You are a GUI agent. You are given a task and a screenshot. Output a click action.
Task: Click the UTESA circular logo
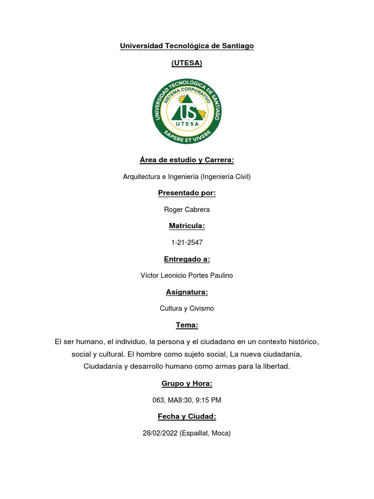point(187,112)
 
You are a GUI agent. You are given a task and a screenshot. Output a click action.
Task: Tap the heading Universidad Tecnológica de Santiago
point(187,46)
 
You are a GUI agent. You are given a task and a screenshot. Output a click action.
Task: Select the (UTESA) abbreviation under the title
point(187,63)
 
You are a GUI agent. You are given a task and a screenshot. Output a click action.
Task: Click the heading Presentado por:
point(187,193)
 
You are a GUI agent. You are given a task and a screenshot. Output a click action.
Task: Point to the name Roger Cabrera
point(187,210)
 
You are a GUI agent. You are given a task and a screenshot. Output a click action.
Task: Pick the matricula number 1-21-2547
point(187,242)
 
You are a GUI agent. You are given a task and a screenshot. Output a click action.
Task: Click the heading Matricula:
point(187,226)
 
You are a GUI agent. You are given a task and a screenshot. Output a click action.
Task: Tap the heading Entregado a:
point(187,259)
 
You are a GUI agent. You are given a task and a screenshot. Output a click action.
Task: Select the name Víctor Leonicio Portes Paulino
point(187,275)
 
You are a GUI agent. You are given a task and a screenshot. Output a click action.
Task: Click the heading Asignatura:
point(187,292)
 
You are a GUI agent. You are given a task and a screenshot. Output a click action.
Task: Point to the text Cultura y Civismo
point(187,308)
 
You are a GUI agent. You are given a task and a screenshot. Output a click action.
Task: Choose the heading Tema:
point(187,325)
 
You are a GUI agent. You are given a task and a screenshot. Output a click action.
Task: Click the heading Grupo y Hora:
point(187,384)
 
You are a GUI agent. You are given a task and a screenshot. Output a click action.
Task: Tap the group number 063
point(159,400)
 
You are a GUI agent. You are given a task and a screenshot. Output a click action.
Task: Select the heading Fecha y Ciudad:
point(187,416)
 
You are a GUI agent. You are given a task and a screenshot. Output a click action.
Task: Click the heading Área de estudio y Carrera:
point(187,160)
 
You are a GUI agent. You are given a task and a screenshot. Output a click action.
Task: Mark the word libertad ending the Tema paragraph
point(276,366)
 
